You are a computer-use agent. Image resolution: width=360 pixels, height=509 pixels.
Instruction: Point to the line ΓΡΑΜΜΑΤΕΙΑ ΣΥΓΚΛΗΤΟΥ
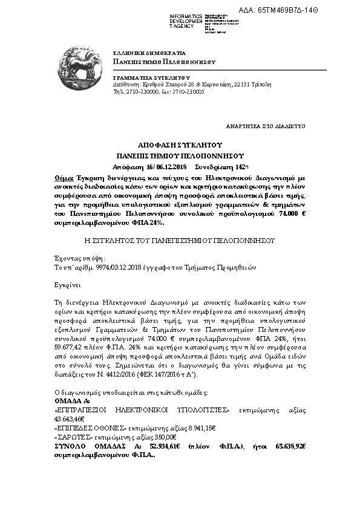click(x=152, y=79)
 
